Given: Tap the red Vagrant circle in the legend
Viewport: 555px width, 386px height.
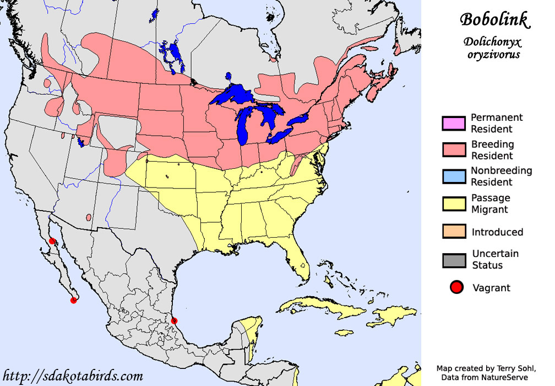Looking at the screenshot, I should pos(455,288).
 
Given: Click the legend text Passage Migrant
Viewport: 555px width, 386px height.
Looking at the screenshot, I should pos(491,203).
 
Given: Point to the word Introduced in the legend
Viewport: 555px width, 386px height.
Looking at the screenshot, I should pos(497,232).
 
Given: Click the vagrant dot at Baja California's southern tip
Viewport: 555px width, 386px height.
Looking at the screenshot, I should pos(73,300).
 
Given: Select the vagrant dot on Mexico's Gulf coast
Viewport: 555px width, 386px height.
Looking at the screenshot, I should pos(175,320).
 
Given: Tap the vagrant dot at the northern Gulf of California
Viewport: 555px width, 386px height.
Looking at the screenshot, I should pos(52,241).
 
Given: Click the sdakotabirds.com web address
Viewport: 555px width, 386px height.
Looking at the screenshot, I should pos(73,376).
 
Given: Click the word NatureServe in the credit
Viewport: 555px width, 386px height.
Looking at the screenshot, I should pos(504,377).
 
